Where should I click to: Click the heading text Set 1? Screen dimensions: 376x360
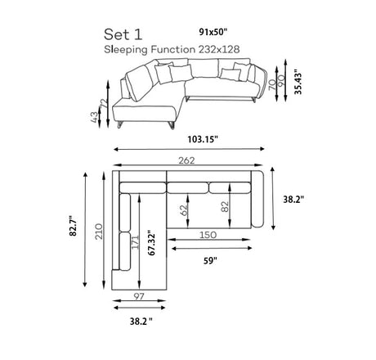(x=123, y=34)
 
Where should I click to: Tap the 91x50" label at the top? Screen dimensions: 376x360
(x=213, y=32)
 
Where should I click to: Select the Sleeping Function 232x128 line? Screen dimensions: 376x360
(x=172, y=50)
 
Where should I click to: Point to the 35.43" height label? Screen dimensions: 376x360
(x=298, y=83)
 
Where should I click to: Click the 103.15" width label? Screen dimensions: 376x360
(x=203, y=139)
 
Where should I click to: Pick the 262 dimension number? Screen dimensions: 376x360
(x=187, y=160)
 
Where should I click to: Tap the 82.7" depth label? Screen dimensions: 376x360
(x=74, y=227)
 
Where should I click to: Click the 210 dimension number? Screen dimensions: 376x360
(x=99, y=232)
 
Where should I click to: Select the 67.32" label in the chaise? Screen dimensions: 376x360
(x=151, y=245)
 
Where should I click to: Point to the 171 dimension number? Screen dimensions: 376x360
(x=136, y=242)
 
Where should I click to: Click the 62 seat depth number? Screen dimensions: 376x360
(x=184, y=210)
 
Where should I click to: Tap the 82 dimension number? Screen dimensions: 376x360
(x=225, y=207)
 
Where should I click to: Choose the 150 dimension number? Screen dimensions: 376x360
(x=208, y=235)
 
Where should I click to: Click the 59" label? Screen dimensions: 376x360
(x=210, y=261)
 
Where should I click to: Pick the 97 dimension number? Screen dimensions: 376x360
(x=139, y=296)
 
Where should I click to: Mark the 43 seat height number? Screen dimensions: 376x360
(x=94, y=117)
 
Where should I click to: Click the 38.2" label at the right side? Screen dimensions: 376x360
(x=293, y=200)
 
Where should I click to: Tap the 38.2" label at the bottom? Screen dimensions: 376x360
(x=141, y=322)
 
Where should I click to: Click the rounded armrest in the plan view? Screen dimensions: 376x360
(x=257, y=200)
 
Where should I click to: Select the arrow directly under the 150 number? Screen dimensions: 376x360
(x=209, y=240)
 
